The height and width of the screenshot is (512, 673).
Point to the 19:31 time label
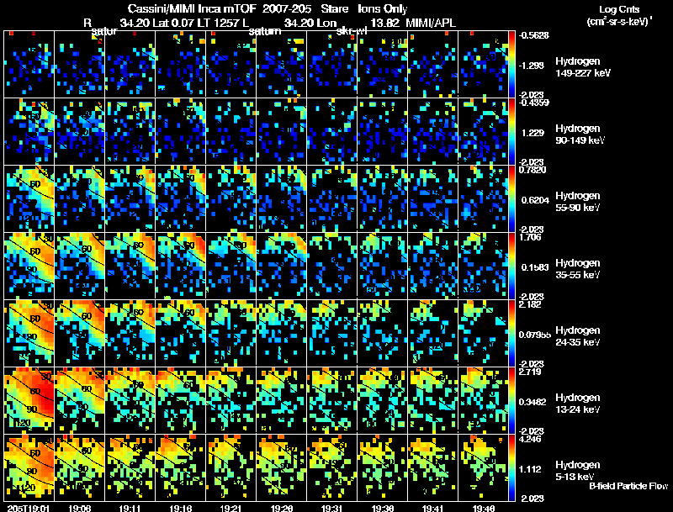(332, 508)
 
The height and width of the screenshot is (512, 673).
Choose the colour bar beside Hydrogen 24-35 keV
(512, 333)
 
